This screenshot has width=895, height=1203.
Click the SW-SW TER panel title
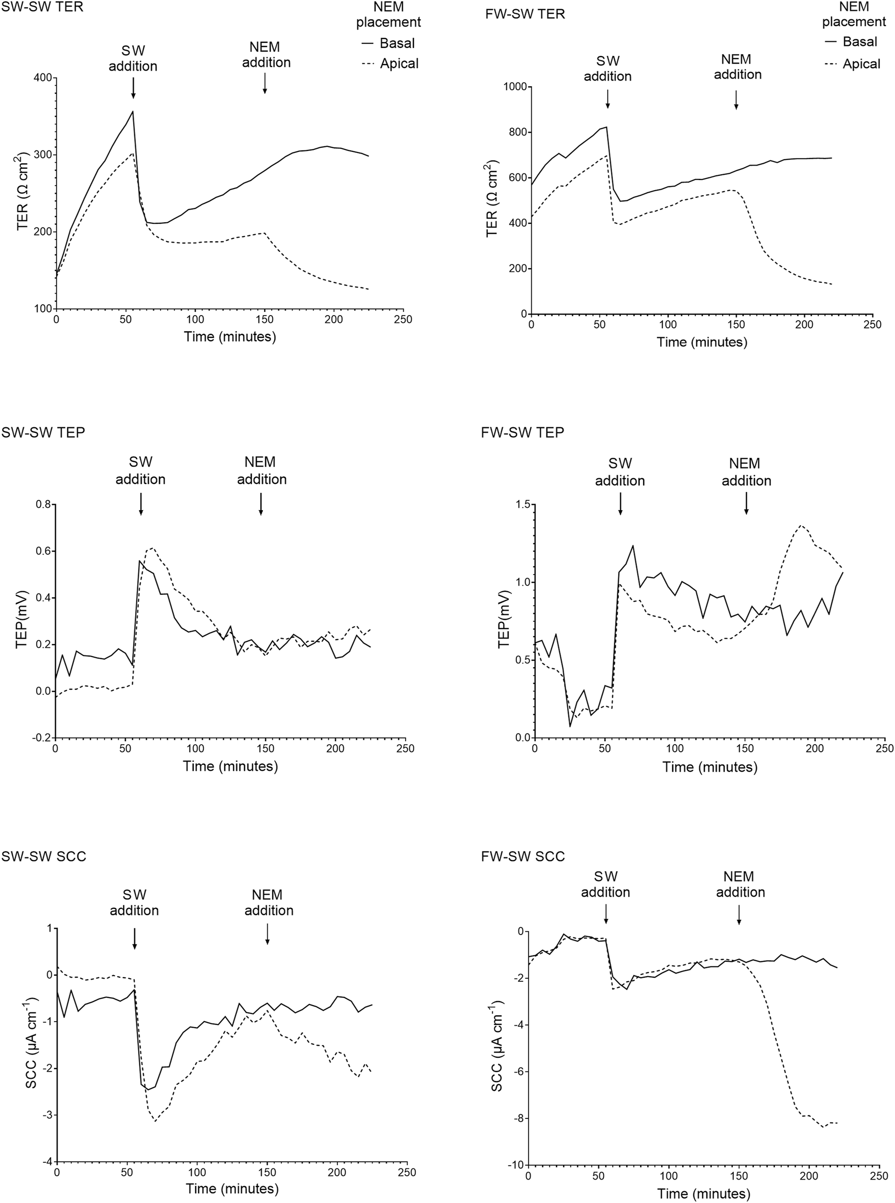(x=42, y=8)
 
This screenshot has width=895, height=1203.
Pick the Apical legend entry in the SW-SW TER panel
(x=390, y=63)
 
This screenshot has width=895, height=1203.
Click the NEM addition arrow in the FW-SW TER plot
(x=735, y=100)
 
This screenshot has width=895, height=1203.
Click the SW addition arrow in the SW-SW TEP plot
(x=141, y=504)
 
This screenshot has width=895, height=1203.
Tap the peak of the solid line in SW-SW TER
(x=133, y=112)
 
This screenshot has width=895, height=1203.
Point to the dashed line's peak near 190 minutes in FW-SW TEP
(x=801, y=525)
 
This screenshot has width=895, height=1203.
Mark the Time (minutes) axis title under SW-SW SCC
(x=232, y=1188)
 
